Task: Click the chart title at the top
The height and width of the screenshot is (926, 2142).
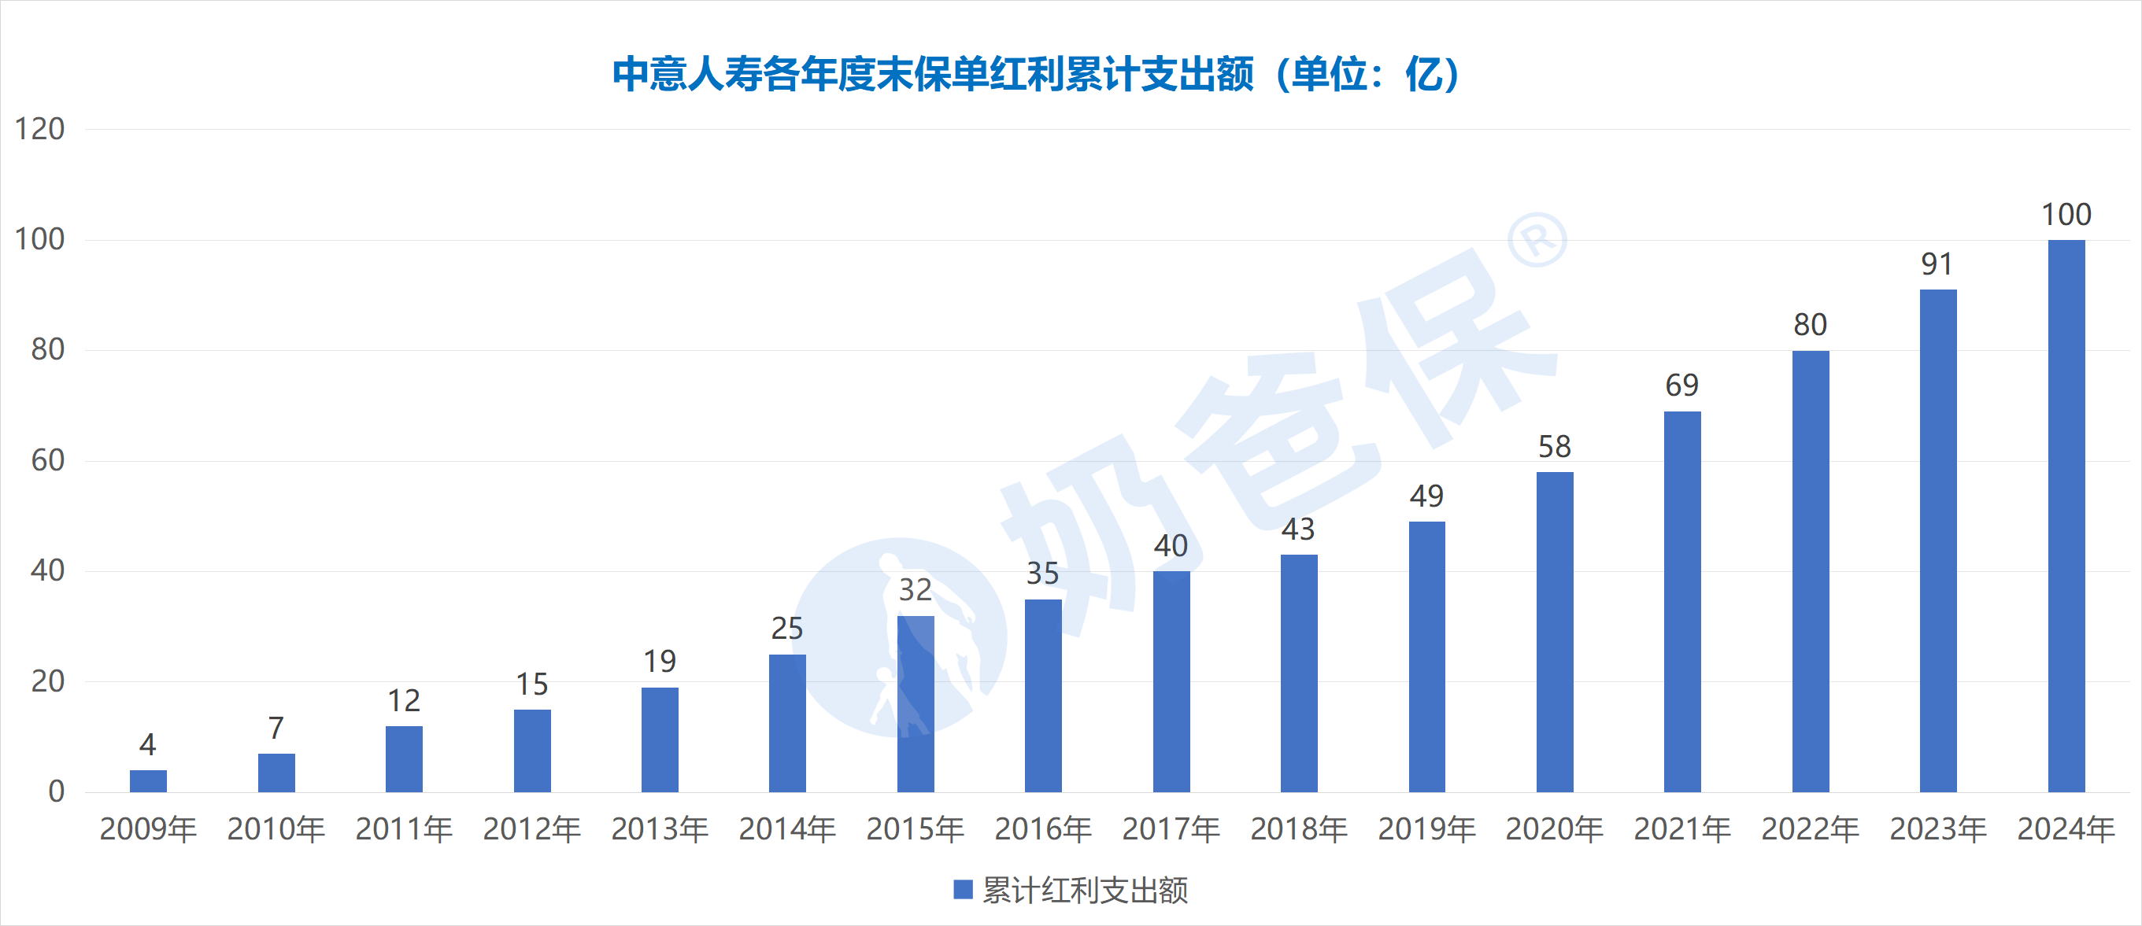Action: [1035, 74]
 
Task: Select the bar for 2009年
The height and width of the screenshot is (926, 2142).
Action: [148, 780]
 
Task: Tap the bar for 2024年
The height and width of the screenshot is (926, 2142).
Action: [2066, 515]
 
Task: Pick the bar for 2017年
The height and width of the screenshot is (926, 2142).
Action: [1171, 681]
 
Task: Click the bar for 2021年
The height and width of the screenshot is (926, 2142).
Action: [1682, 601]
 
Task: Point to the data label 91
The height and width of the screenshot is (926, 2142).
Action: [1937, 264]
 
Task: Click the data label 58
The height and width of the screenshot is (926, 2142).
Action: [1554, 446]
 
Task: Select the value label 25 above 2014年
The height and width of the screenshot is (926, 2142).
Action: [786, 629]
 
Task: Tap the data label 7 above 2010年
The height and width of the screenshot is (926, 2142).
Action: [276, 729]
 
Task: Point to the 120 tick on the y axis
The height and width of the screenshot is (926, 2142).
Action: [39, 129]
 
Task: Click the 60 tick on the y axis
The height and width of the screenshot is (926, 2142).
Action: [47, 460]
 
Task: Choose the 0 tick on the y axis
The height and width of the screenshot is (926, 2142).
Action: [56, 791]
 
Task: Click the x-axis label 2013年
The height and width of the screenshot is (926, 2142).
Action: [660, 828]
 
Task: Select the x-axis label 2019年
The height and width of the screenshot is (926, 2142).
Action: [1426, 828]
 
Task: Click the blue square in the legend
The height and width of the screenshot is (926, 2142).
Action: [962, 890]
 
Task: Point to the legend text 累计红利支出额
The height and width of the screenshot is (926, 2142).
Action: [1085, 891]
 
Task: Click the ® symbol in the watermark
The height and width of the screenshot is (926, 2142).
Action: [1537, 239]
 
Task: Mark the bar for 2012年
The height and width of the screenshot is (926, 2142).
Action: [532, 751]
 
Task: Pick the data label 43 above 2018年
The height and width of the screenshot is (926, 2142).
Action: [1298, 529]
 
